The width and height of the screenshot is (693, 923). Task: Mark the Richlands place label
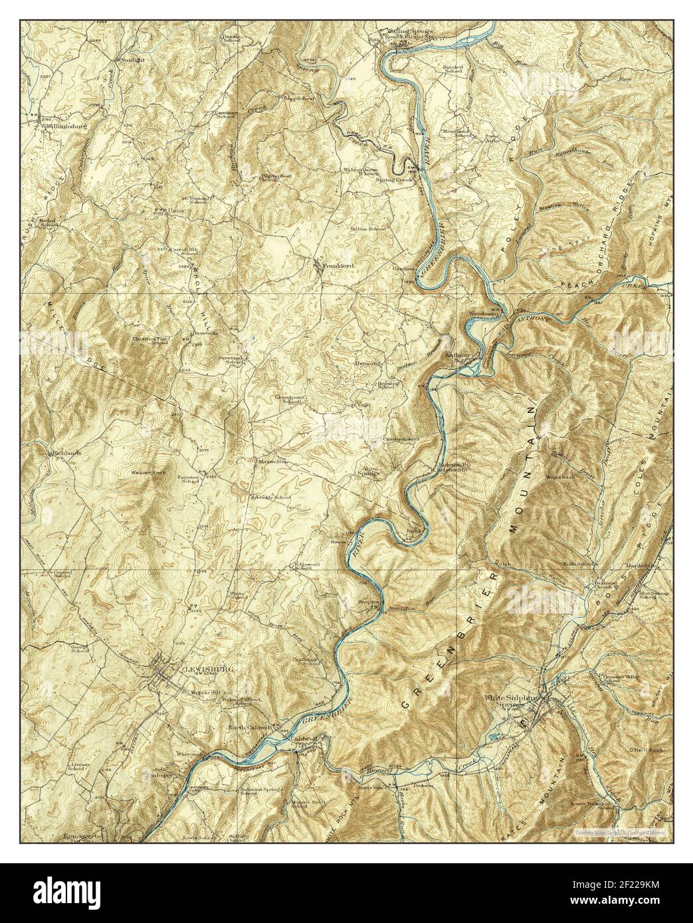coord(65,453)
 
